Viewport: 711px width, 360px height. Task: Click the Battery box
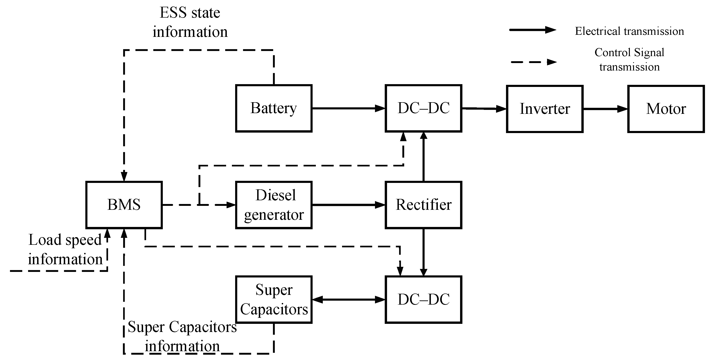(274, 108)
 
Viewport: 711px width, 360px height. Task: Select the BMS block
(124, 205)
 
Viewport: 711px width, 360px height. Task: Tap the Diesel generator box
(274, 205)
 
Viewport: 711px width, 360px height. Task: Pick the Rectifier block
(423, 205)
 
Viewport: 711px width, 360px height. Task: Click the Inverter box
(544, 109)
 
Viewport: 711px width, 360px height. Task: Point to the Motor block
(666, 109)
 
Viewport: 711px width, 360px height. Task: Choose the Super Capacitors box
(274, 299)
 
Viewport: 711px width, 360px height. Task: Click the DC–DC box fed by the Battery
(423, 108)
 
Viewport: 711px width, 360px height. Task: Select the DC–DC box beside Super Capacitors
(423, 299)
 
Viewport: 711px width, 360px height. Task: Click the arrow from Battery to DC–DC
(348, 108)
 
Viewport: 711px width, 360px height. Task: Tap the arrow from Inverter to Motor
(605, 109)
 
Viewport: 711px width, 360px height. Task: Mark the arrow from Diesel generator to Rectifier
(348, 205)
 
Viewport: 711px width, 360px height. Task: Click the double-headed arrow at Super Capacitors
(348, 299)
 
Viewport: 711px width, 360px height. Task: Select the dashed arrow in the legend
(533, 62)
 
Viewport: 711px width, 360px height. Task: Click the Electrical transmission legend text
(629, 31)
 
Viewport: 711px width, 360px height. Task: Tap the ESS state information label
(190, 22)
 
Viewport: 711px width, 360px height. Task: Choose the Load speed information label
(65, 249)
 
